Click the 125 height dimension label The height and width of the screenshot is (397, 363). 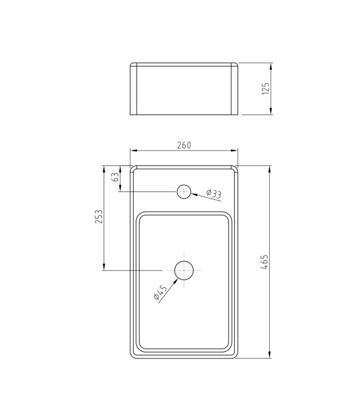point(266,88)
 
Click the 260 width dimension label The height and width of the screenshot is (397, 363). point(184,145)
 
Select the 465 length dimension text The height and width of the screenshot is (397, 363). point(266,262)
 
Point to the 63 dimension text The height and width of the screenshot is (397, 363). point(116,177)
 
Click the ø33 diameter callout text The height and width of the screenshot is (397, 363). point(214,194)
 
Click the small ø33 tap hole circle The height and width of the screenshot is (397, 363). point(184,192)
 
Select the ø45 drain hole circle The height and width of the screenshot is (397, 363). point(184,270)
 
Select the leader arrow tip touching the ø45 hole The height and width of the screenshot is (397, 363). point(177,277)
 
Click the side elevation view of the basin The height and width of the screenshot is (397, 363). point(184,89)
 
